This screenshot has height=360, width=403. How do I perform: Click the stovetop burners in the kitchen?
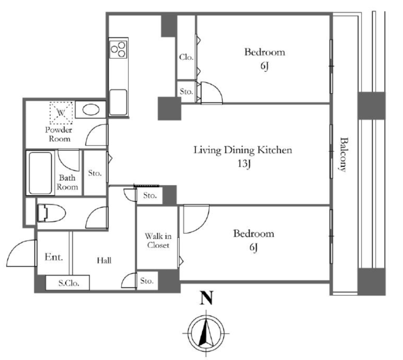118,49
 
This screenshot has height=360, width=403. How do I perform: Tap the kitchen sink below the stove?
118,102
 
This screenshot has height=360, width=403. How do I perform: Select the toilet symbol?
52,213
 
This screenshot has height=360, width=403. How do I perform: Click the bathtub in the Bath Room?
41,173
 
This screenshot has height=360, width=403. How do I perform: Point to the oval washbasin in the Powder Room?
91,110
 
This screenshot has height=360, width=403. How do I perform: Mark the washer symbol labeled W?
61,113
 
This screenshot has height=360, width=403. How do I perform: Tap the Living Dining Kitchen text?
242,150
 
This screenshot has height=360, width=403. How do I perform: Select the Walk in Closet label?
158,240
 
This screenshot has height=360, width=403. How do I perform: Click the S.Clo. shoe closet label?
68,283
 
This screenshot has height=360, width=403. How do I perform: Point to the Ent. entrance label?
54,257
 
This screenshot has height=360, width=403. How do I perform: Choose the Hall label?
104,260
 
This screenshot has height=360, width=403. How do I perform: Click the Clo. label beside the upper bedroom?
186,57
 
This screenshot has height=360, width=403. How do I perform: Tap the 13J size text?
244,163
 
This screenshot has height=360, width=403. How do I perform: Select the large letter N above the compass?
207,298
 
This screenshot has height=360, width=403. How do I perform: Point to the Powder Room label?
59,134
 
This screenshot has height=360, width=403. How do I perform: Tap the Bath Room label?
67,182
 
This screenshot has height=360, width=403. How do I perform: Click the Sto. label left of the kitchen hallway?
95,173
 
